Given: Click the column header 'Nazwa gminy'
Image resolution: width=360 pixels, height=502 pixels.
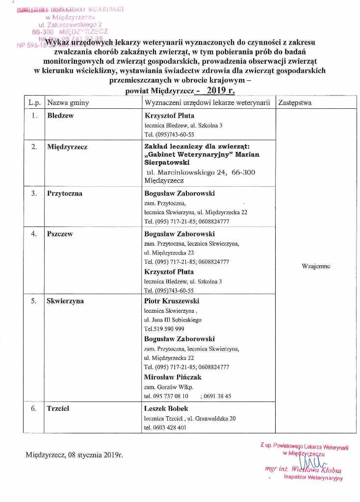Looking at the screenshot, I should point(68,103).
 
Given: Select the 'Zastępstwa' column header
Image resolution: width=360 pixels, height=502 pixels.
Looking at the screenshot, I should point(295,103).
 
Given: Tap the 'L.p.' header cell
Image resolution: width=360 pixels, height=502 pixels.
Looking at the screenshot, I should point(34,103).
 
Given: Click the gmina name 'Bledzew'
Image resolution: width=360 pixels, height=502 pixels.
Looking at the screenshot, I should point(60,116).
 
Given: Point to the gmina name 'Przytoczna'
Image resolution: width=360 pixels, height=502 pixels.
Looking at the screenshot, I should point(65,194).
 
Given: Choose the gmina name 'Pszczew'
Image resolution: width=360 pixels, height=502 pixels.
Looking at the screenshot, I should point(60,234).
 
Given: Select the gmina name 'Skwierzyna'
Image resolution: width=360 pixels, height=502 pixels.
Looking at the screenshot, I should point(65,301).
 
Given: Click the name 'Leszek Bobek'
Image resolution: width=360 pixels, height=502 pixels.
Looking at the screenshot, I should point(166,408).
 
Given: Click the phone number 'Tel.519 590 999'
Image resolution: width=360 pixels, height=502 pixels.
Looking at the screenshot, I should point(164,329).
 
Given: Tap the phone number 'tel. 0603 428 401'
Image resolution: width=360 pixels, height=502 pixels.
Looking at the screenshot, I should point(165,427).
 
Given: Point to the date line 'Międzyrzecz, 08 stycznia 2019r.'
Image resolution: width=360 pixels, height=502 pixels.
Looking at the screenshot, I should point(74,454).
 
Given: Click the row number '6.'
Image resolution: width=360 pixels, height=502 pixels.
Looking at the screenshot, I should point(34,408).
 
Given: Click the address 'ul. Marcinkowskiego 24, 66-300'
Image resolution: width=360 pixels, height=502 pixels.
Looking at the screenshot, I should point(201,172).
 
